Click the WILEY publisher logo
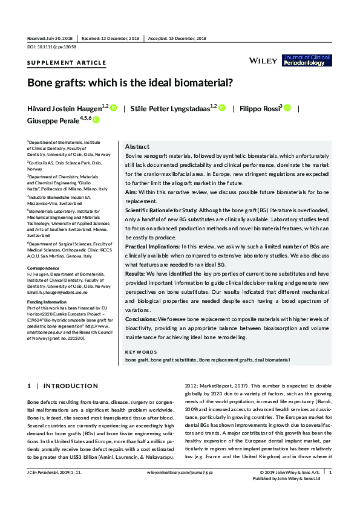tap(264, 60)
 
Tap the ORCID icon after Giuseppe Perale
tap(96, 120)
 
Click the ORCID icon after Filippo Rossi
tap(270, 108)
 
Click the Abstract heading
tap(137, 147)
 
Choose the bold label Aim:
tap(131, 191)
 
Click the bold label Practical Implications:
tap(151, 247)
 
